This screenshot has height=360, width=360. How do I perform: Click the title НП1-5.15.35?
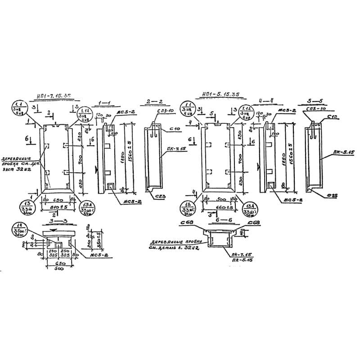tap(220, 94)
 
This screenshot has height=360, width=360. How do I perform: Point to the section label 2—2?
tap(154, 102)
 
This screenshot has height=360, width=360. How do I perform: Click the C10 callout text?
tap(175, 129)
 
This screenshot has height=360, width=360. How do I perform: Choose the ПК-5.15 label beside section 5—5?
tap(345, 153)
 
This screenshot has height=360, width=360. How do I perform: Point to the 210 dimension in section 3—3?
tap(91, 243)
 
